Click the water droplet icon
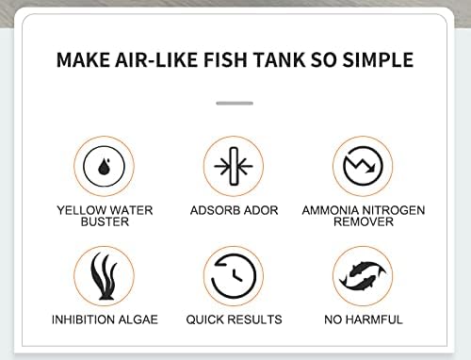(x=104, y=166)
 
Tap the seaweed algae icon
(x=104, y=276)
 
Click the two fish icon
(x=363, y=275)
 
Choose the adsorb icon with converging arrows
(x=234, y=166)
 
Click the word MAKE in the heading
(x=83, y=59)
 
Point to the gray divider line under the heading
(x=235, y=103)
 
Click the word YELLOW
(x=81, y=210)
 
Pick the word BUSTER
(x=105, y=221)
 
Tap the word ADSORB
(x=217, y=210)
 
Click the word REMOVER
(x=364, y=221)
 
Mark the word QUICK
(x=204, y=319)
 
